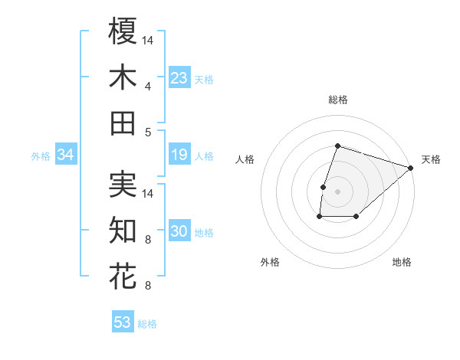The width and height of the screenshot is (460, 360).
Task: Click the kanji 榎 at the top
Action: (123, 31)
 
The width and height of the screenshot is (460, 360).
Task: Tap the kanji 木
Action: (123, 77)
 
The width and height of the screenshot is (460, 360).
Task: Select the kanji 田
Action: (123, 123)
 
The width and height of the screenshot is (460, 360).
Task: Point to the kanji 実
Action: (123, 185)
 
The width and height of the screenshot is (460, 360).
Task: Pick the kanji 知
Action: (123, 230)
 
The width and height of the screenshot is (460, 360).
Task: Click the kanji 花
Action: (123, 276)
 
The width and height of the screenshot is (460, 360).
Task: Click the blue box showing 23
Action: (179, 78)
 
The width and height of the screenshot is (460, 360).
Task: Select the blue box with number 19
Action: (179, 155)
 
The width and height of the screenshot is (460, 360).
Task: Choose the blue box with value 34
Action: (66, 155)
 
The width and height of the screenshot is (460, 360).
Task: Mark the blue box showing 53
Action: (123, 322)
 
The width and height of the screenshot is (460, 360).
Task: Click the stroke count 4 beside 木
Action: (147, 85)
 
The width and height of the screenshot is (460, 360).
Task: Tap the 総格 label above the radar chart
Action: (337, 100)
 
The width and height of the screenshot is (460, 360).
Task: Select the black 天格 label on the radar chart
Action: (431, 159)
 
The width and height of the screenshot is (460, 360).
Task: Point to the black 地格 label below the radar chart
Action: (402, 262)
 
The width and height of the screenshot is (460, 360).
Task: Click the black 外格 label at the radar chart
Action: (270, 262)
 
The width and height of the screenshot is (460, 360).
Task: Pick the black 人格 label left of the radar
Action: (245, 159)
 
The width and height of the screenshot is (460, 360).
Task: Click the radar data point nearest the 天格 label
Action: (411, 168)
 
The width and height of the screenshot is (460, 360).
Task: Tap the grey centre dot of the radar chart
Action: (337, 191)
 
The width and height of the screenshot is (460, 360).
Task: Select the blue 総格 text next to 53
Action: (147, 324)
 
